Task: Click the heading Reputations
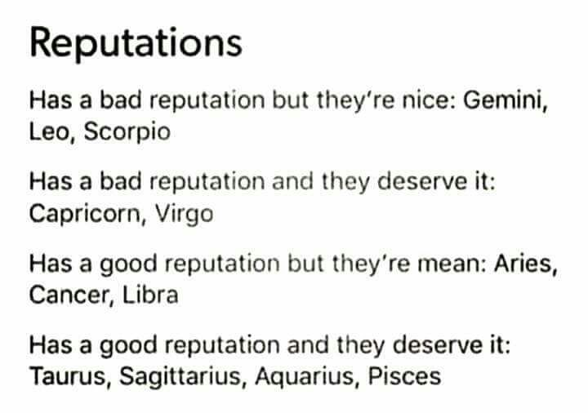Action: pos(136,44)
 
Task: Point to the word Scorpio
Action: pos(127,132)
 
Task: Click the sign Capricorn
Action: pos(84,215)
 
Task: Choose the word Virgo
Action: pos(185,215)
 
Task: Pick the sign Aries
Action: pos(523,264)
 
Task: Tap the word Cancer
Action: pos(69,295)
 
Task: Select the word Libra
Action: pos(150,295)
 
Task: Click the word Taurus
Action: pos(68,376)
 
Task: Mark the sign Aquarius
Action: pos(304,376)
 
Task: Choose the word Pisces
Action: pos(404,376)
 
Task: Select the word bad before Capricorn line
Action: pos(120,181)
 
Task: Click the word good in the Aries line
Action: pos(128,264)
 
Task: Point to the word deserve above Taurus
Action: pos(437,345)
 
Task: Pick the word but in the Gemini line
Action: pos(290,100)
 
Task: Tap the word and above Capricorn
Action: pos(293,181)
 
